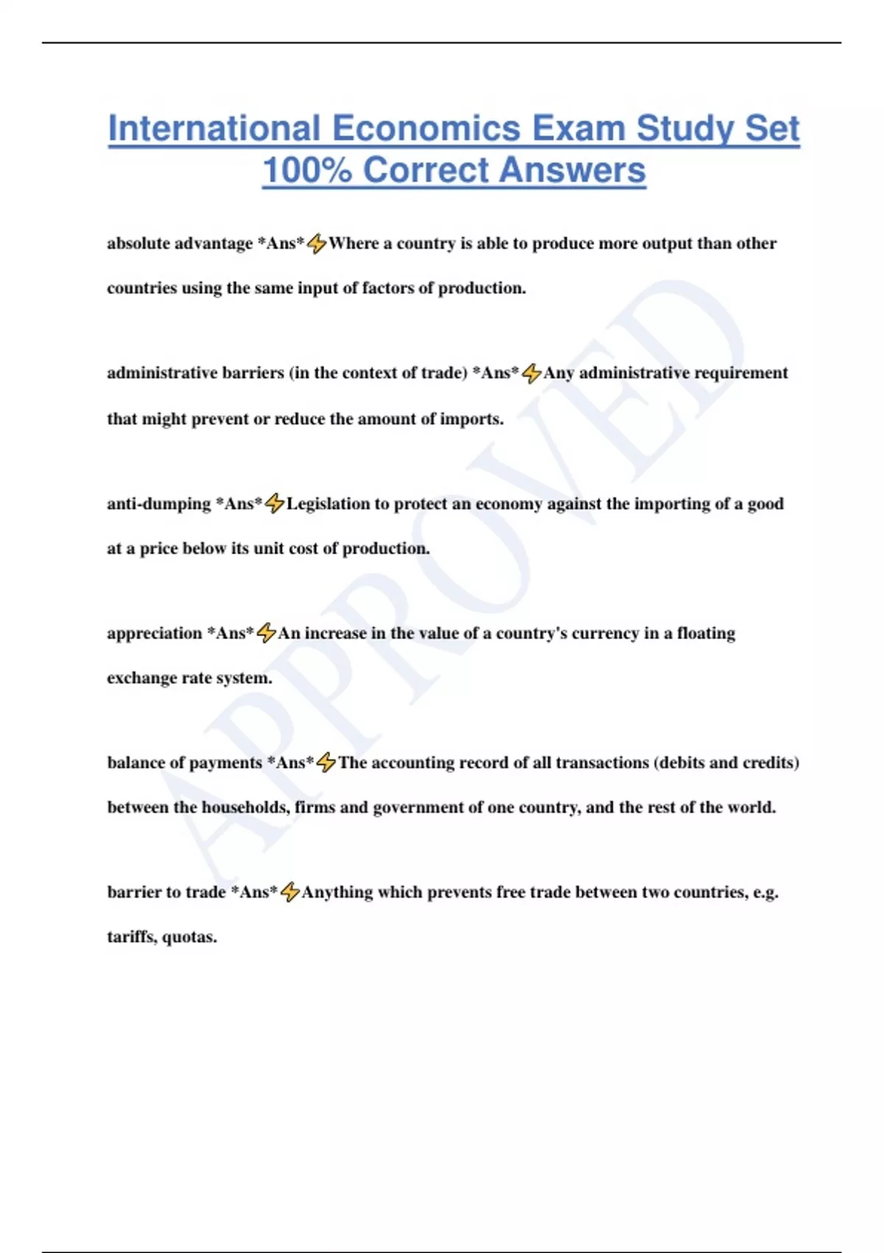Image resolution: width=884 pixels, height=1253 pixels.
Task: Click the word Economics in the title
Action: tap(427, 128)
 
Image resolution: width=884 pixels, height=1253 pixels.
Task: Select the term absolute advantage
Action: tap(180, 243)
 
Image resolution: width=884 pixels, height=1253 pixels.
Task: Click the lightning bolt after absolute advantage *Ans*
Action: tap(317, 243)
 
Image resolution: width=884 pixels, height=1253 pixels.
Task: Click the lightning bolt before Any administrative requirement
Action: tap(531, 374)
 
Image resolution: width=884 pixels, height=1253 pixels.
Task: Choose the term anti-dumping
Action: tap(158, 503)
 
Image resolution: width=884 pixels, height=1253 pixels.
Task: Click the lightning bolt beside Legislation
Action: tap(274, 503)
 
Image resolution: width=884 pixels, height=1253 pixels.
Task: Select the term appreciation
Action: tap(154, 633)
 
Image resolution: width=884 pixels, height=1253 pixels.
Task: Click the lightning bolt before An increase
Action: tap(266, 633)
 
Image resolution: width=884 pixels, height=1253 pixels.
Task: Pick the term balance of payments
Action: tap(184, 763)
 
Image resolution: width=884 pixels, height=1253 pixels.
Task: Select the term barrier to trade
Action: tap(166, 893)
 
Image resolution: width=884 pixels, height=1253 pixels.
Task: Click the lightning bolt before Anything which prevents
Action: tap(290, 893)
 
